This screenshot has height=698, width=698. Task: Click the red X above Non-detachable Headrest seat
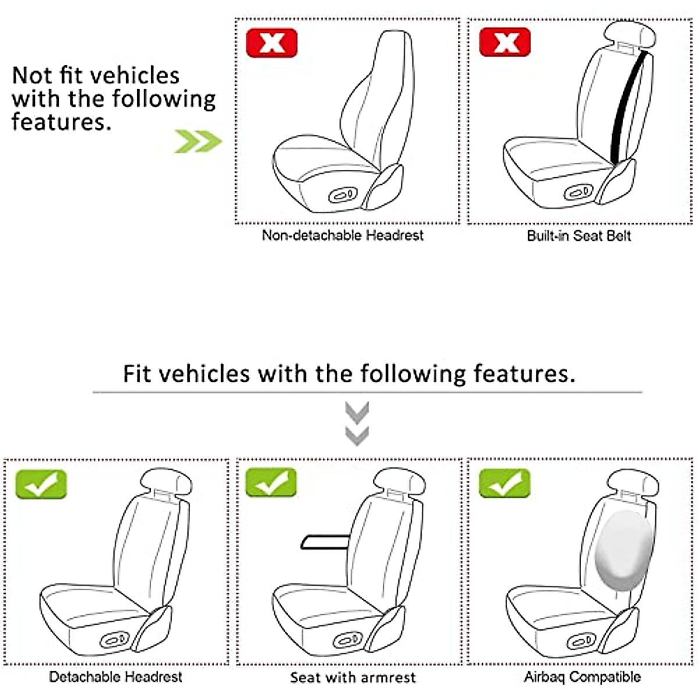coord(272,42)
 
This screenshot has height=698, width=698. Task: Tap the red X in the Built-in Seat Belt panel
coord(505,42)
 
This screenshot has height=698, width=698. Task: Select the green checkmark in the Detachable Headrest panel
coord(41,484)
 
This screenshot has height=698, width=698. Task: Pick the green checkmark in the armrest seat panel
coord(271,483)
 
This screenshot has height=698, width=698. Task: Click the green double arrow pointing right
coord(198,141)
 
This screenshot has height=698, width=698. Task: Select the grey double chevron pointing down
coord(357,423)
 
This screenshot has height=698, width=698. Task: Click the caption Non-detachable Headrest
coord(343,236)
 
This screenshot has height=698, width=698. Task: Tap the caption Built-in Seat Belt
coord(579,236)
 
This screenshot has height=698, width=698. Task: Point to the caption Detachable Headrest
coord(116,677)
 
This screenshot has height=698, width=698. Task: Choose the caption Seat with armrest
coord(353,678)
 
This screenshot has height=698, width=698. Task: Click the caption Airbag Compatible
coord(582,677)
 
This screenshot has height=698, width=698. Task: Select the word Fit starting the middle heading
coord(137,373)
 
